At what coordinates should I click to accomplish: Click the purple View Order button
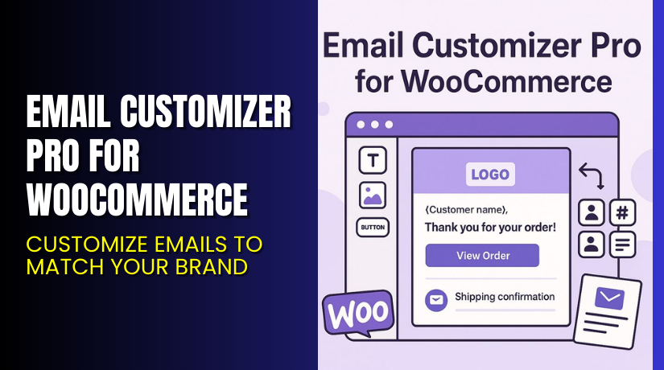(482, 256)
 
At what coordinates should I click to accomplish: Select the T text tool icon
(372, 161)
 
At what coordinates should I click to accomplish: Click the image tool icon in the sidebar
(372, 195)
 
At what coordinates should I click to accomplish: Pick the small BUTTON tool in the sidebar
(372, 228)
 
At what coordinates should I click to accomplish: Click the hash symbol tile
(622, 212)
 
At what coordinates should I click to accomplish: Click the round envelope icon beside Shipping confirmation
(435, 299)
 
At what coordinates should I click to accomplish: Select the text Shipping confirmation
(505, 298)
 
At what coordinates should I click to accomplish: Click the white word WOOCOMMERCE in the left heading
(138, 199)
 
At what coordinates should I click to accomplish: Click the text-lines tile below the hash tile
(622, 242)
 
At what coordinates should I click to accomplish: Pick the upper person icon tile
(592, 212)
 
